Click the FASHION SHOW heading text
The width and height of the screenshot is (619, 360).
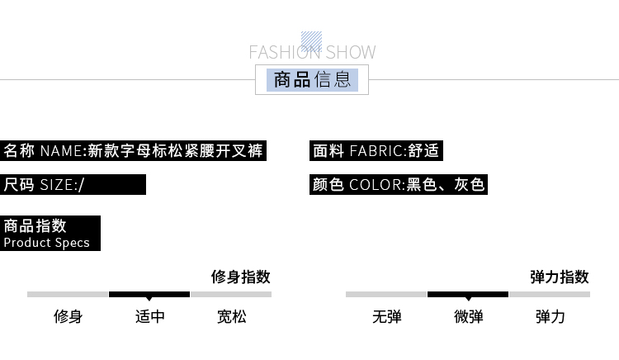click(312, 53)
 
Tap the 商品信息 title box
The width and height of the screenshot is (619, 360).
click(312, 80)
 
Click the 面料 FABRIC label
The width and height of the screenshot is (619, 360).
click(376, 151)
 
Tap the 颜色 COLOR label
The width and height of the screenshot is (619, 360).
click(398, 184)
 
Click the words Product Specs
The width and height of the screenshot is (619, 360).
click(46, 243)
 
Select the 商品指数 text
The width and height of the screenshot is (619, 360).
click(35, 226)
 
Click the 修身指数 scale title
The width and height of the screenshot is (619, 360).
click(241, 277)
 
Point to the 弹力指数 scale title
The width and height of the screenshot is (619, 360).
click(560, 277)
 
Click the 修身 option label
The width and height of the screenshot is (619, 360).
click(68, 316)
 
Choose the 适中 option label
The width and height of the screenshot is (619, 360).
click(149, 316)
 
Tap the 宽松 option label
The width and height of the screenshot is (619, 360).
click(231, 316)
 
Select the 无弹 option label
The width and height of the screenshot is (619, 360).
click(386, 316)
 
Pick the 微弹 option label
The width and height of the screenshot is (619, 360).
click(468, 316)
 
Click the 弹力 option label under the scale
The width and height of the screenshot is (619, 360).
click(550, 316)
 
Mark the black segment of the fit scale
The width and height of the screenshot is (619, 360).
click(149, 294)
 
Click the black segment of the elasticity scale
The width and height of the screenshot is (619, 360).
click(468, 294)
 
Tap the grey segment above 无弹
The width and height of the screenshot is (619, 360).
click(386, 294)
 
